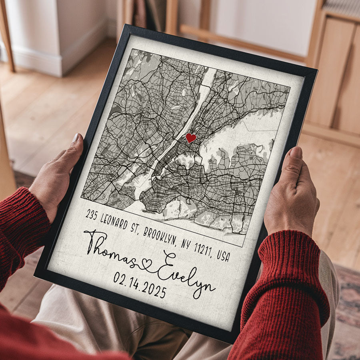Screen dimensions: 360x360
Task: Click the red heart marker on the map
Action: point(191,138)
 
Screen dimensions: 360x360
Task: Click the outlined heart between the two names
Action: point(147,264)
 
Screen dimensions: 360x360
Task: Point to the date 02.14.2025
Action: point(140,285)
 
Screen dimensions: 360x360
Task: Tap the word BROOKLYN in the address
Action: point(160,236)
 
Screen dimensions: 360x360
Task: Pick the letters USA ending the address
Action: point(223,256)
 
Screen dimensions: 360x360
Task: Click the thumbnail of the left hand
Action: point(76,139)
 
